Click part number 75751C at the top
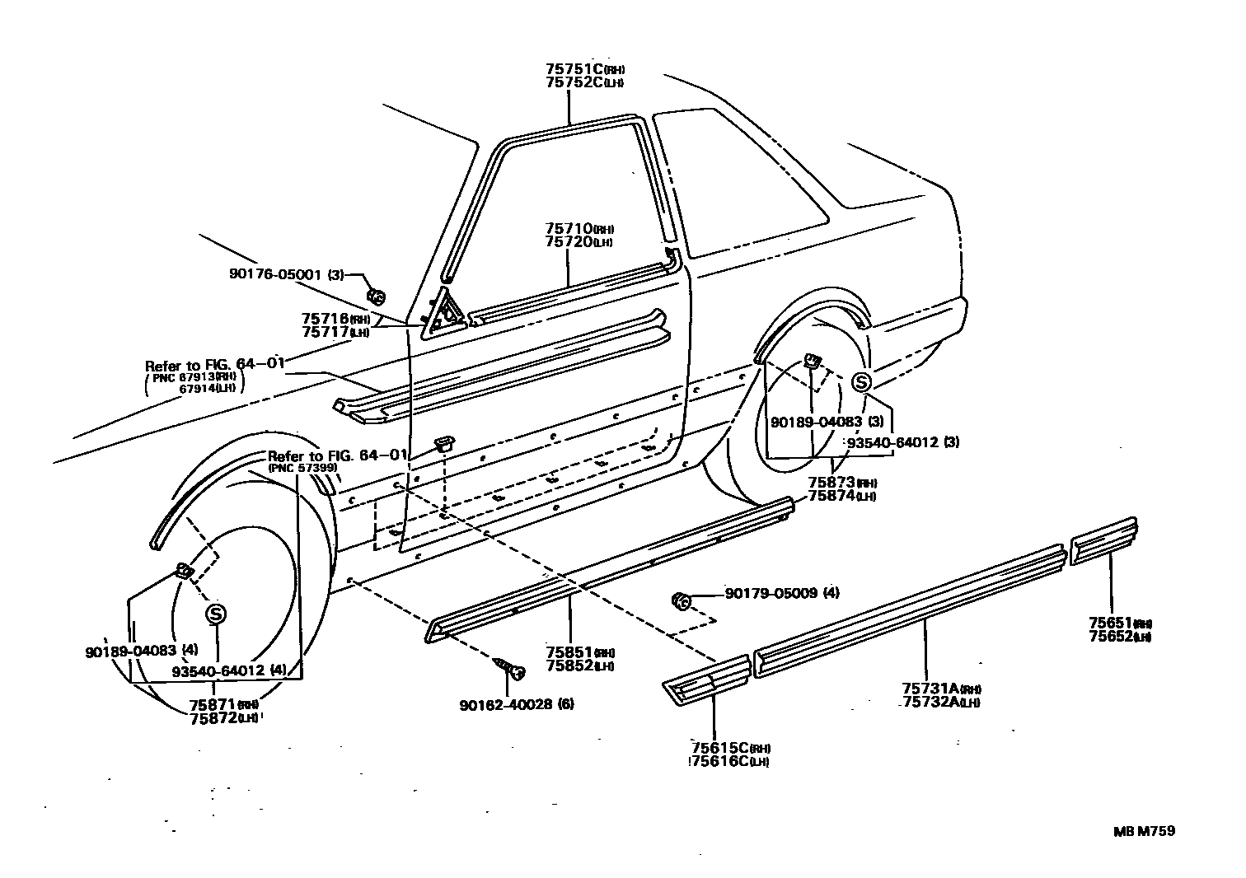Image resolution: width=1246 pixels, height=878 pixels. coord(575,69)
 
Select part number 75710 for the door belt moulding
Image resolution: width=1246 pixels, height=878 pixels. coord(567,228)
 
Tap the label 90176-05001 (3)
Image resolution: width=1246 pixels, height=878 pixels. coord(285,274)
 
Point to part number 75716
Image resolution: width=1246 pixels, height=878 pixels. coord(326,319)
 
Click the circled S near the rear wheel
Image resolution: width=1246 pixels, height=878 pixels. coord(861,382)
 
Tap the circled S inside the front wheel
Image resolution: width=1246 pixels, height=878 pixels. coord(216,613)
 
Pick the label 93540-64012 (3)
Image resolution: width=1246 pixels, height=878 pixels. coord(904,442)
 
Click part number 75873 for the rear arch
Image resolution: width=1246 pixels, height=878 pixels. coord(831,482)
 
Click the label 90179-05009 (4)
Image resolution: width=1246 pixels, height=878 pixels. coord(782,592)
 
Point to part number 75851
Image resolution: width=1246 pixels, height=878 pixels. coord(568,651)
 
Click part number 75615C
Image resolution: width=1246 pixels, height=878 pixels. coord(719,747)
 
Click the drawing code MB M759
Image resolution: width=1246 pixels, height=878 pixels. coord(1145,830)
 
